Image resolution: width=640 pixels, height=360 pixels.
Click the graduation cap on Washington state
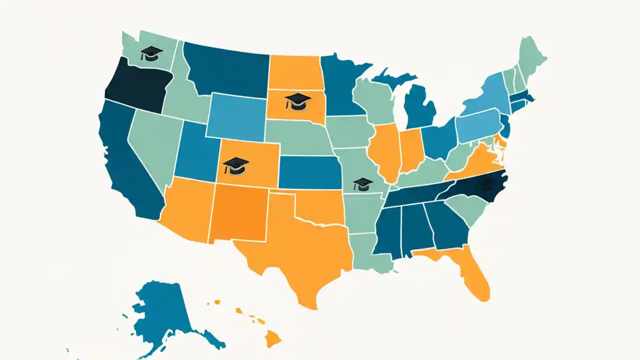151,52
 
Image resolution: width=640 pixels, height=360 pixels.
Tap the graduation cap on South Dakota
297,101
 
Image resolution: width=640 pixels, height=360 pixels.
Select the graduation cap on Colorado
236,165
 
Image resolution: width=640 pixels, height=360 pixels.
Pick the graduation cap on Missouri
363,184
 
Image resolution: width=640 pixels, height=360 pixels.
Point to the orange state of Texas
295,250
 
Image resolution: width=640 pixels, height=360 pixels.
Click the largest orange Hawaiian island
272,337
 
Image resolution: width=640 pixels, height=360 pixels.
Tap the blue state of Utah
196,152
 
